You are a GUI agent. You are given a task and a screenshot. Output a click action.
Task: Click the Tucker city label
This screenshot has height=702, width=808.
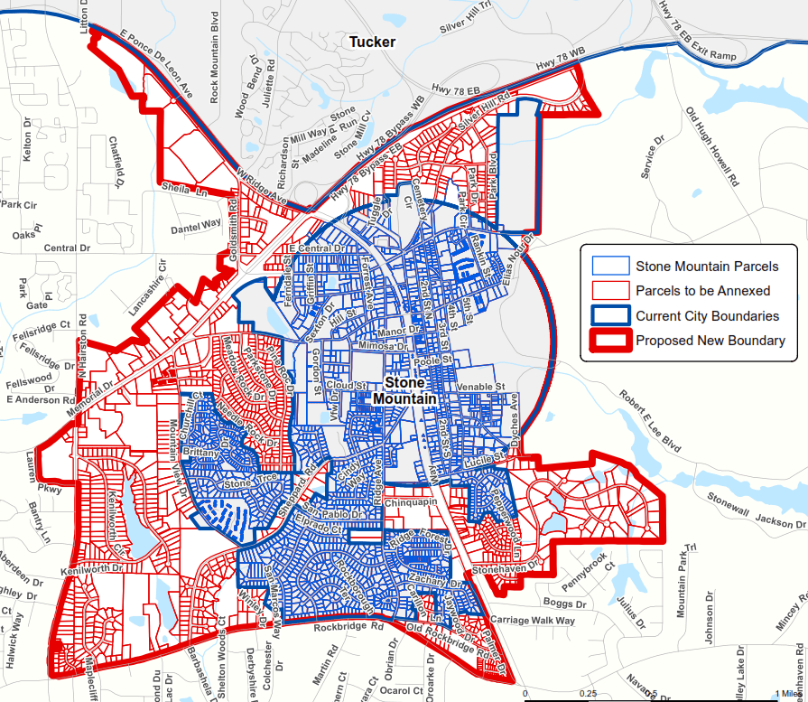371,42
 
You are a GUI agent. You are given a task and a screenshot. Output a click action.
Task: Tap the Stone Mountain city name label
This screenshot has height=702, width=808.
404,390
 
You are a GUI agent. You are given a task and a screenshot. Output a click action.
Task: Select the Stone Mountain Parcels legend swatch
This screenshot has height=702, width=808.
610,266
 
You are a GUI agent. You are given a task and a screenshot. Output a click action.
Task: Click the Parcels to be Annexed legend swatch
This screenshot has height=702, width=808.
610,291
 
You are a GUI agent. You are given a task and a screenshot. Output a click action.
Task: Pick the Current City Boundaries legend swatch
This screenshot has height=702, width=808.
610,316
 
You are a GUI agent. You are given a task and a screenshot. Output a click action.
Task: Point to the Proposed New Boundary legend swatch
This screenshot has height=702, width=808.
610,341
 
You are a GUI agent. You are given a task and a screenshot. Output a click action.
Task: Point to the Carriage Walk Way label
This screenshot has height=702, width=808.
533,621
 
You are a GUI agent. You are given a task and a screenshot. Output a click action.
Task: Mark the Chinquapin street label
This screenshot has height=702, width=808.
410,501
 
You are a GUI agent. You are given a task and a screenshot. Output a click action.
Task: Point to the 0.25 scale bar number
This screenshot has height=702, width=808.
588,693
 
